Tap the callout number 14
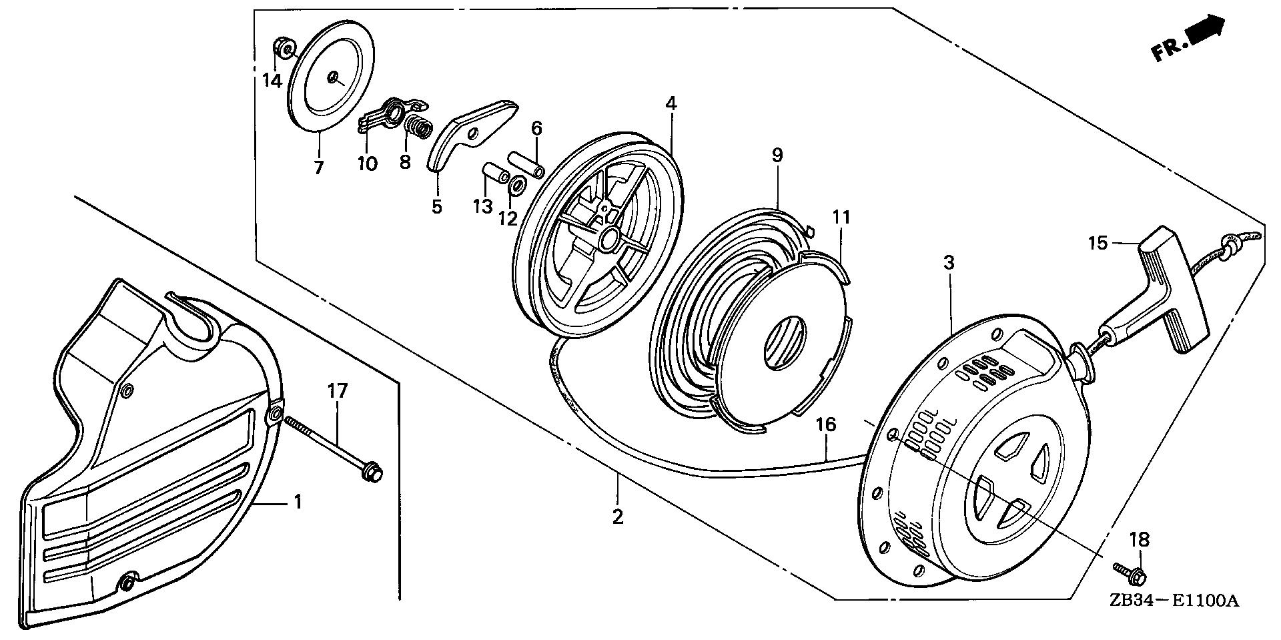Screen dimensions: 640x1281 pos(272,81)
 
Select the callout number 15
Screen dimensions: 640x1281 pos(1097,242)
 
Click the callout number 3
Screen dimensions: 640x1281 pos(949,263)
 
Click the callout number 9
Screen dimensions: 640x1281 pos(777,155)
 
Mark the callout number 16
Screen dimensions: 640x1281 pos(825,424)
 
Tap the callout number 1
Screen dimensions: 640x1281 pos(298,501)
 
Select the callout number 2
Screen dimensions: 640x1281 pos(617,516)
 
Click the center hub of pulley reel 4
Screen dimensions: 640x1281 pos(608,238)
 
